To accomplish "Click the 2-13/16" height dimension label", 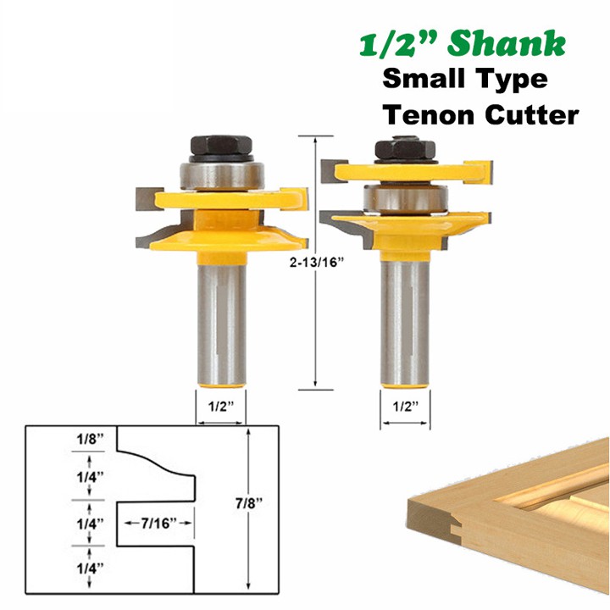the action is point(317,263).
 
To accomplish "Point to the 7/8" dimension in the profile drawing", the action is point(249,503).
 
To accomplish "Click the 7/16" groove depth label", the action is point(158,524).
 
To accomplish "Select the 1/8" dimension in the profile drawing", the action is point(91,439).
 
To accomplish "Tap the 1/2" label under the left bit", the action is point(221,407).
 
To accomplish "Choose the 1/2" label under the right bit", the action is point(405,407).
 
